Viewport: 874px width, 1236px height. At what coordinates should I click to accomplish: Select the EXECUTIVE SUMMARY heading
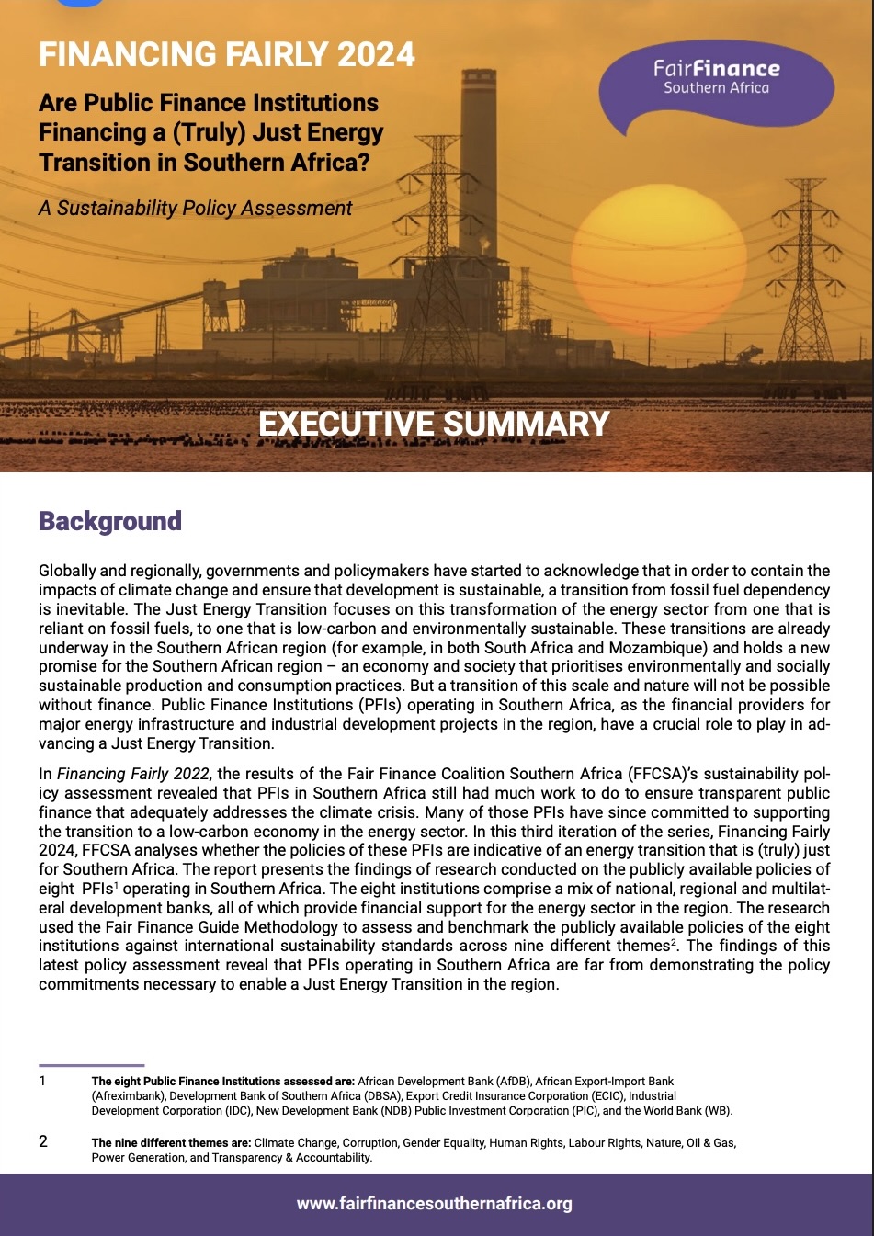point(434,425)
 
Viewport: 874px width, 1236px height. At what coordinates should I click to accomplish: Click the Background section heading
point(109,521)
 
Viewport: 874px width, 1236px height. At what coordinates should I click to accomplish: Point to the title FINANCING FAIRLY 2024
point(227,55)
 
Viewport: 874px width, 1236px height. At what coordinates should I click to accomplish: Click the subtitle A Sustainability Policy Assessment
point(195,209)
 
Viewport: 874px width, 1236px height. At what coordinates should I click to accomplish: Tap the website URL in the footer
point(434,1203)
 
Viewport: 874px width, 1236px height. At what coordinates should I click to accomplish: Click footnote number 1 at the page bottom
point(42,1082)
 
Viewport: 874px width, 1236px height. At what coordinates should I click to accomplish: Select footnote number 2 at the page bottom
point(42,1142)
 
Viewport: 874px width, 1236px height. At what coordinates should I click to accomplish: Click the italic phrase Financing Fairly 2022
point(134,774)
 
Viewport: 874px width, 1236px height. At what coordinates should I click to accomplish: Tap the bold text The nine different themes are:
point(171,1143)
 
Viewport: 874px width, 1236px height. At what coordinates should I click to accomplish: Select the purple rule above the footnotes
point(91,1065)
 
